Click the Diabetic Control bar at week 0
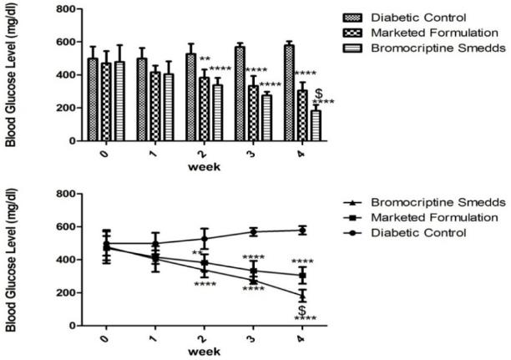click(x=93, y=100)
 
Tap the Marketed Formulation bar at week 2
click(x=204, y=109)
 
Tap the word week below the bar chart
click(x=203, y=166)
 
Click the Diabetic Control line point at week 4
click(x=301, y=230)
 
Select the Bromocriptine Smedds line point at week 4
click(x=301, y=296)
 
